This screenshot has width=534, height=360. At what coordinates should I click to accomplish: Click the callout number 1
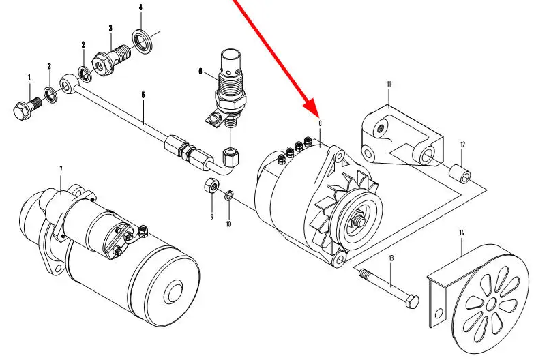pos(29,78)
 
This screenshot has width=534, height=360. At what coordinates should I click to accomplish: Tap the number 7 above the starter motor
pos(61,168)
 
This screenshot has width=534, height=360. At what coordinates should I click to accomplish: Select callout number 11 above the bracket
pos(389,85)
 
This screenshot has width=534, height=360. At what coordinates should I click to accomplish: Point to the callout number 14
pos(462,234)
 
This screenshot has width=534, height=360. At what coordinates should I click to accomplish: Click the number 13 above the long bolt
pos(391,258)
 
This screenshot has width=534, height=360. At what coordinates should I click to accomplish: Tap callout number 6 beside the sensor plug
pos(201,71)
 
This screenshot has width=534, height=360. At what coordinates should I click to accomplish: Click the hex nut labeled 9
pos(211,185)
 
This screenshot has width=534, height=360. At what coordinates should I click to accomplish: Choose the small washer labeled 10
pos(228,196)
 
